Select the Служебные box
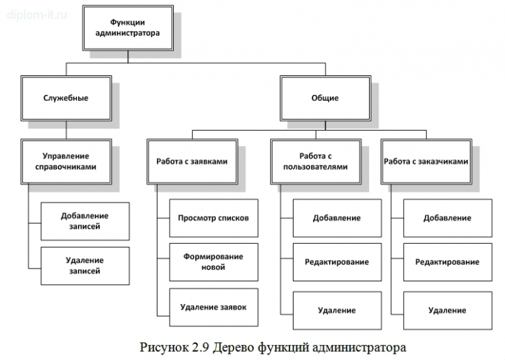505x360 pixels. pos(65,98)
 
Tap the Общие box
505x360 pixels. pos(325,98)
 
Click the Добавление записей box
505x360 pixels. pos(84,221)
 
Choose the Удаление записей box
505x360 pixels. pos(84,265)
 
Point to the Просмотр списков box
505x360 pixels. pos(213,218)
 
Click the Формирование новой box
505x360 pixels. pos(213,262)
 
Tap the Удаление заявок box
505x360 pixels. pos(213,307)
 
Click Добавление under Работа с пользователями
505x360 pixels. pos(337,218)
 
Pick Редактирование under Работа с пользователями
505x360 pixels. pos(337,262)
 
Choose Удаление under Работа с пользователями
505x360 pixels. pos(337,310)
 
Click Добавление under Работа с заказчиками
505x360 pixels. pos(447,218)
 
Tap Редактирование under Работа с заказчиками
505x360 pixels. pos(447,262)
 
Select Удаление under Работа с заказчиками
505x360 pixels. pos(447,310)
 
